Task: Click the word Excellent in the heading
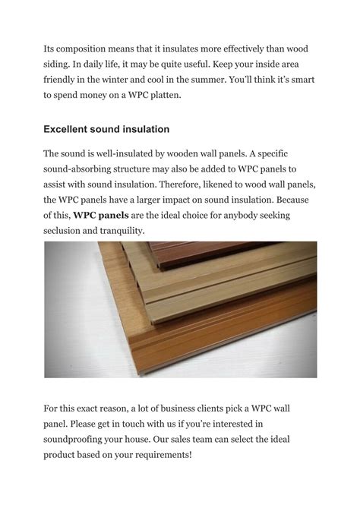pos(70,129)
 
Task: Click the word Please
pos(82,425)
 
